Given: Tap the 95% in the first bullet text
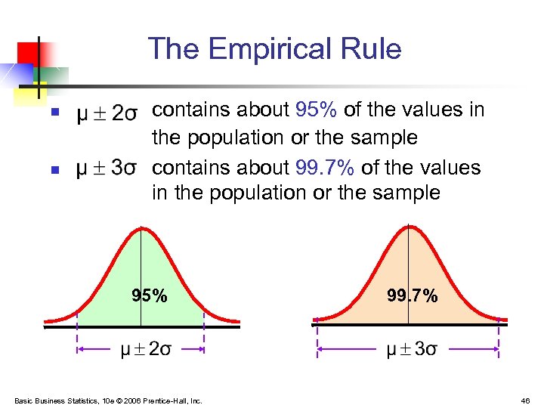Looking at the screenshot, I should [x=316, y=110].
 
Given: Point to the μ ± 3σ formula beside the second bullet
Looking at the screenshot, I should [x=107, y=167].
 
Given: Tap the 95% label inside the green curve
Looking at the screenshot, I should [x=150, y=295].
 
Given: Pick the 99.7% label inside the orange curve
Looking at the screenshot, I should [x=412, y=295].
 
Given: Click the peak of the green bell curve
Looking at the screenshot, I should [x=141, y=227].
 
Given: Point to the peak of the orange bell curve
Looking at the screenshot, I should [x=408, y=226].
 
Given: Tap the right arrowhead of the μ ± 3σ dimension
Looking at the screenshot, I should [x=495, y=349].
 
